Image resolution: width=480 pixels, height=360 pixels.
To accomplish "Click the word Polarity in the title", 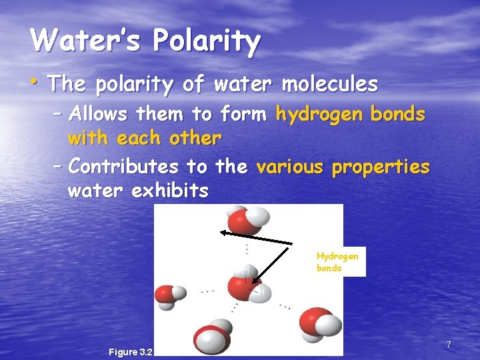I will tap(206, 41).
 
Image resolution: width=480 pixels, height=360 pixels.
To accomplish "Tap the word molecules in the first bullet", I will tap(329, 85).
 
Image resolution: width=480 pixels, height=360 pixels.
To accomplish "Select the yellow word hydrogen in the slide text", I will tap(319, 115).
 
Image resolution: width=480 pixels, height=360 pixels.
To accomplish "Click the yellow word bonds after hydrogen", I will tap(398, 114).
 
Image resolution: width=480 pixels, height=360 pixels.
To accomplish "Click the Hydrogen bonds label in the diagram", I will tap(337, 262).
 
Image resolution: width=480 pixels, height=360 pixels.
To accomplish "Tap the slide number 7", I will tap(449, 345).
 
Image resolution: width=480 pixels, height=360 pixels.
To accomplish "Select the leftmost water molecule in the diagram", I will tap(168, 296).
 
